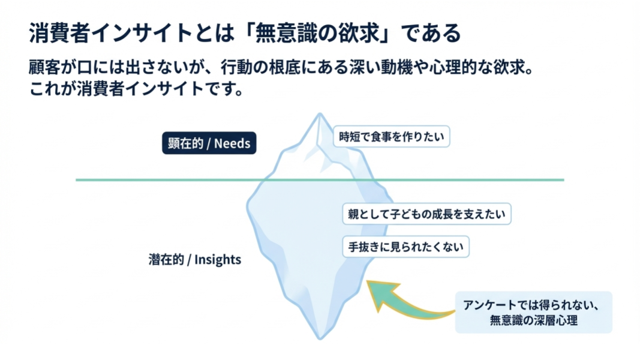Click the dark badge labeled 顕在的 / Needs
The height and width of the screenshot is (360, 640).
[x=209, y=143]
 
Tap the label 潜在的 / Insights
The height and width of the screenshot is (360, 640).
[x=194, y=260]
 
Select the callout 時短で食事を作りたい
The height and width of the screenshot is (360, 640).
[x=392, y=136]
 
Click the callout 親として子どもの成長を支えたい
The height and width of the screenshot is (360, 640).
[x=426, y=214]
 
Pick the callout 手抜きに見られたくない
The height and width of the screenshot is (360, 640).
[x=406, y=247]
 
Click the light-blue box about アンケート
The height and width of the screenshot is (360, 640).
[x=533, y=312]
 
